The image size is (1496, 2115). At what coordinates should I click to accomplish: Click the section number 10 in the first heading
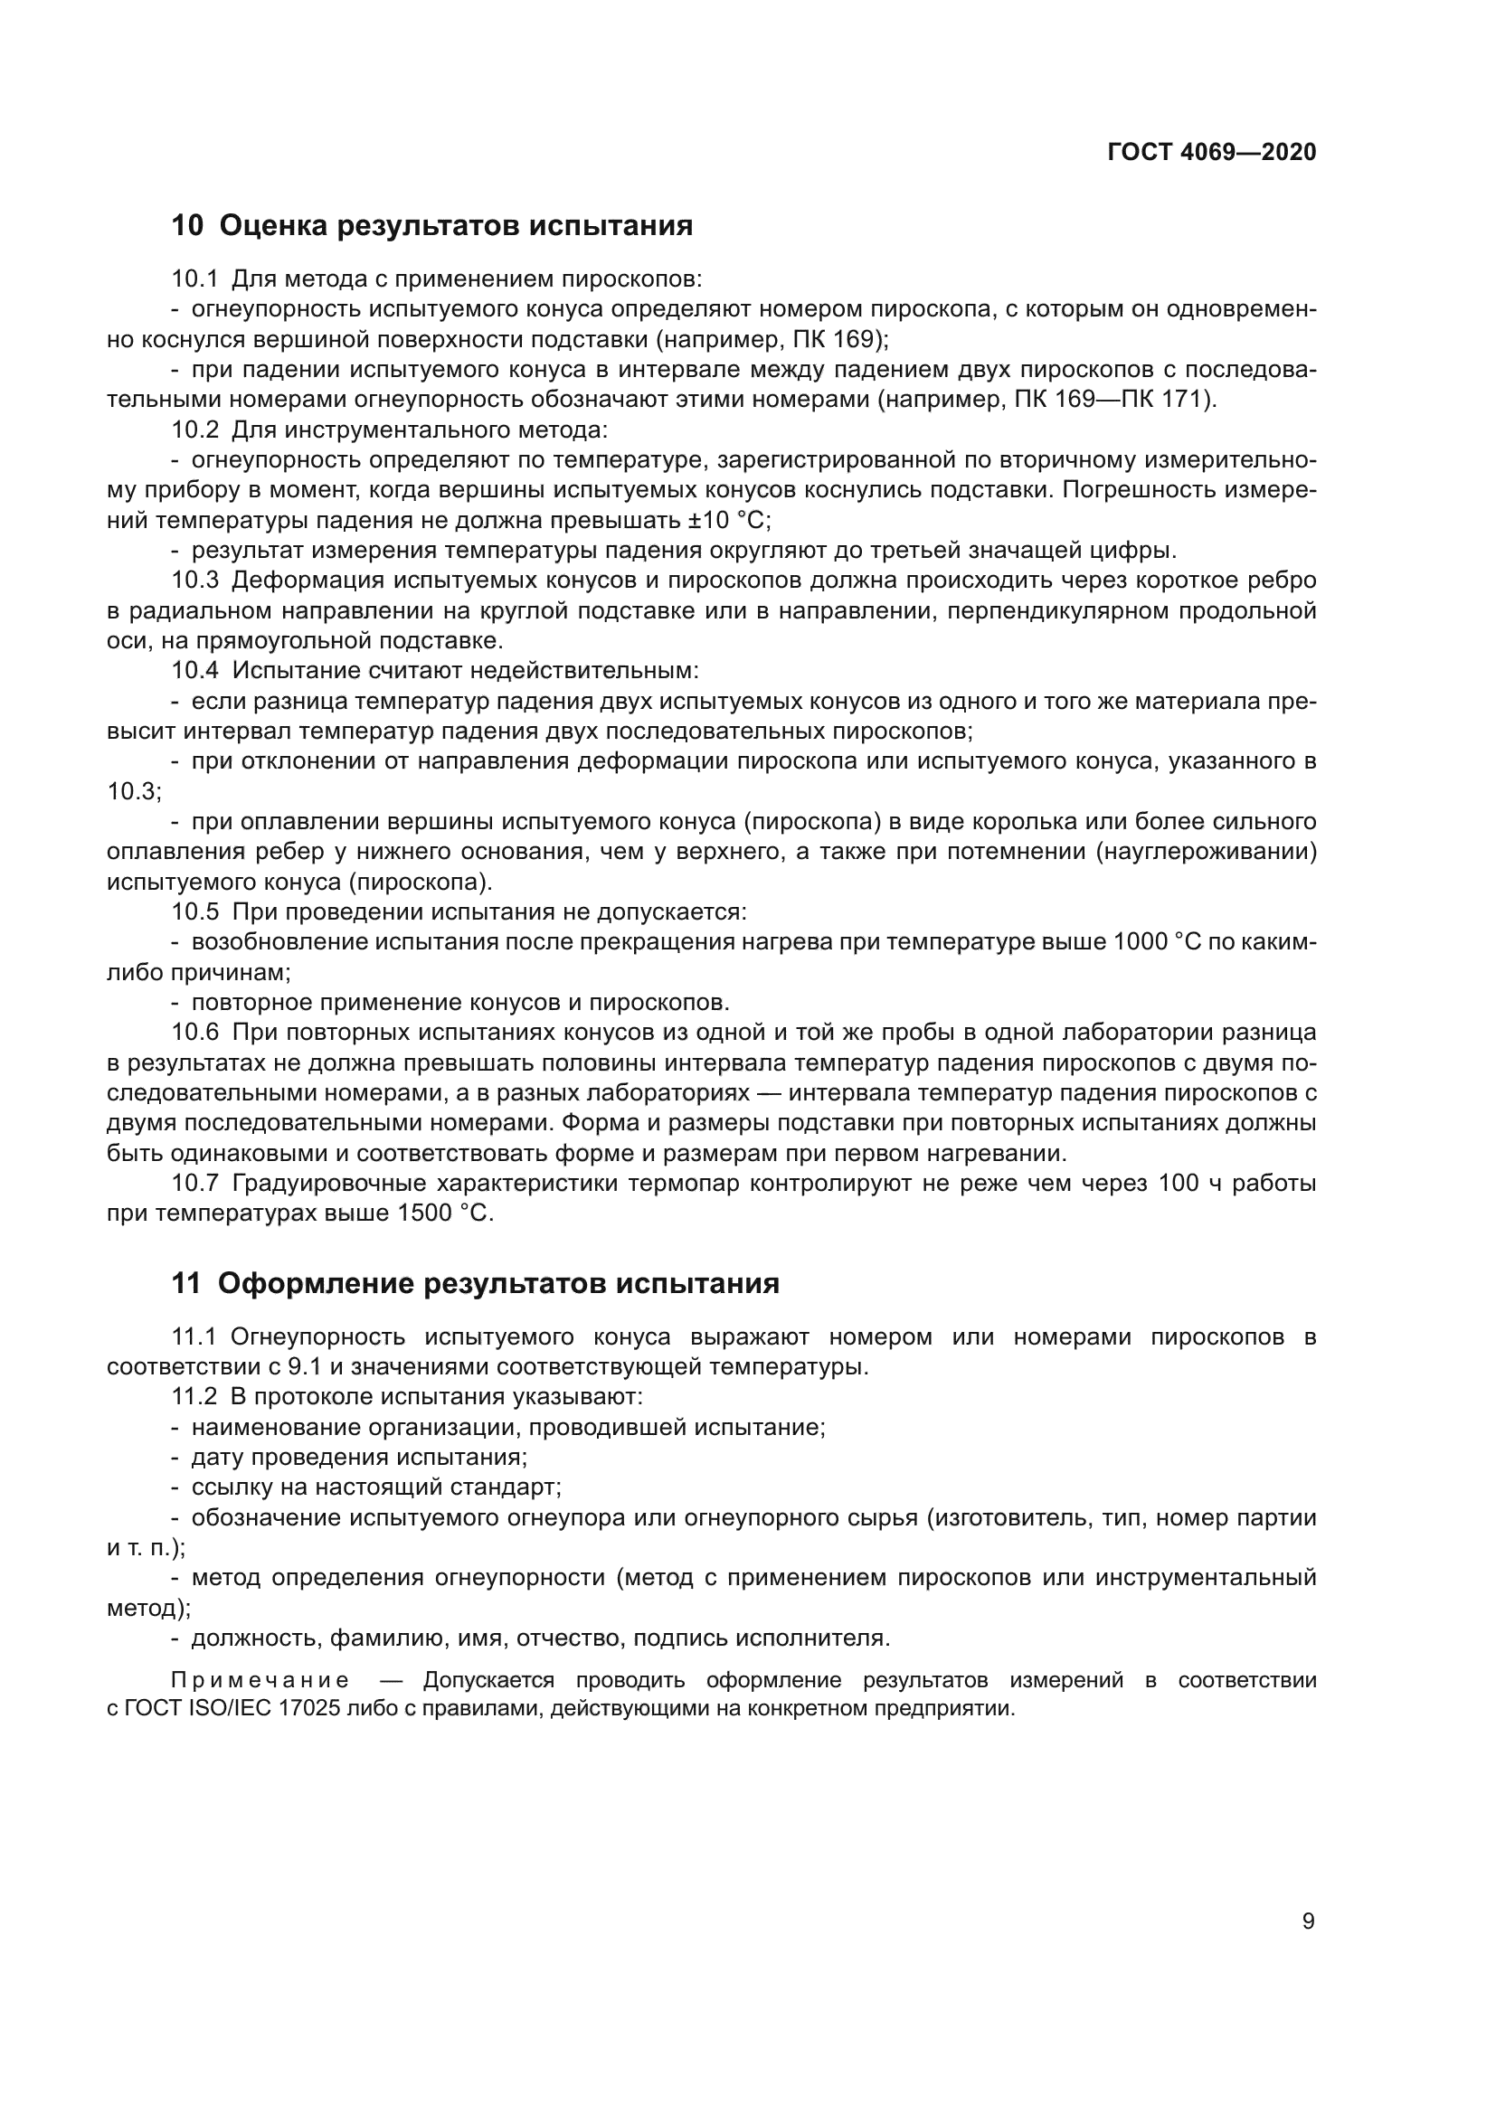point(186,226)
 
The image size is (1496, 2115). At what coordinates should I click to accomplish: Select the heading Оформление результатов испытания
point(498,1283)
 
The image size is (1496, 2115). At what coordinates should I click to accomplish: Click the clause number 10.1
point(195,279)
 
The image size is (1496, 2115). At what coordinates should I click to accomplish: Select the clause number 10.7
point(195,1184)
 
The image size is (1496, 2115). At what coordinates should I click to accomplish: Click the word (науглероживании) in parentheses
point(1206,852)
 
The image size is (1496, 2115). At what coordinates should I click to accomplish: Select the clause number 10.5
point(195,912)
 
